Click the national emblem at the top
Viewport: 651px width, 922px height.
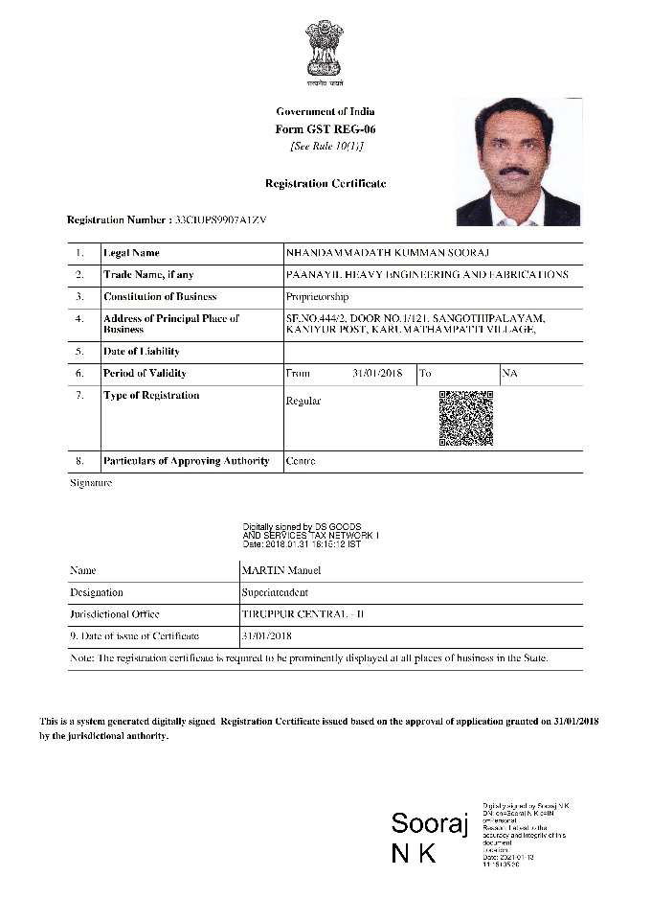coord(325,50)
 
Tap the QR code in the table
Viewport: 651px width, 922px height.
coord(465,418)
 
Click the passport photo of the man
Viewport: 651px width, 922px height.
coord(517,162)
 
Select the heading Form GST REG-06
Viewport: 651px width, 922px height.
coord(325,128)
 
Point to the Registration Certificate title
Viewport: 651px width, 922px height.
coord(325,183)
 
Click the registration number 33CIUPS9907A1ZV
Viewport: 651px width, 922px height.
coord(220,219)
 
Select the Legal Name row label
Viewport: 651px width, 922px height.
coord(131,253)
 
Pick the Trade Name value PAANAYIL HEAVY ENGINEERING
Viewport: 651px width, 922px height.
coord(427,275)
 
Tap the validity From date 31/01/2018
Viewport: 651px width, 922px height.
coord(378,373)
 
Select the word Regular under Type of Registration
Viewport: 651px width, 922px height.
coord(303,401)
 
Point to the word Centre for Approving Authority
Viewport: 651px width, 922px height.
coord(301,461)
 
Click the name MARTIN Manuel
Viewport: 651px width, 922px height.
coord(281,570)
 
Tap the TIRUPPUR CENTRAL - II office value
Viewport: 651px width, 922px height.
coord(290,614)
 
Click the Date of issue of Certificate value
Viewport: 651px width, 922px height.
coord(267,636)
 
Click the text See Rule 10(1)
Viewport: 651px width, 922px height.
coord(325,146)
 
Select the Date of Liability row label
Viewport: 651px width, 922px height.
coord(142,352)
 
